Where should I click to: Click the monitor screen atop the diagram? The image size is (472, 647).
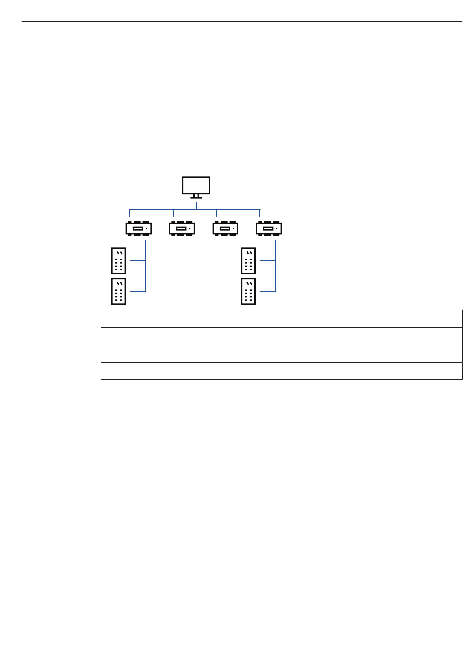[x=196, y=185]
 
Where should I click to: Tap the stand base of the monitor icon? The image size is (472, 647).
[x=196, y=197]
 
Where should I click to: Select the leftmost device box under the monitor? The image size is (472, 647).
[x=138, y=228]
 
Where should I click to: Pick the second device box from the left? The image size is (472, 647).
[x=182, y=228]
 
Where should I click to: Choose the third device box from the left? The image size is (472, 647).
[x=225, y=228]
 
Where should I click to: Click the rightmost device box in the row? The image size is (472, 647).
[x=269, y=228]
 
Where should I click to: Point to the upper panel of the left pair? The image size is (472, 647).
[x=118, y=260]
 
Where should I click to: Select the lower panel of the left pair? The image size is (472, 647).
[x=118, y=291]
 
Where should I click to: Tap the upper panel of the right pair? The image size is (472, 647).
[x=248, y=260]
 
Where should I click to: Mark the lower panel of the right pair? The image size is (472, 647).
[x=248, y=291]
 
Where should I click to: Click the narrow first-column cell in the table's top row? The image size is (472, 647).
[x=120, y=319]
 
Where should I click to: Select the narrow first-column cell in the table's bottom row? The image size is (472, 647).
[x=120, y=371]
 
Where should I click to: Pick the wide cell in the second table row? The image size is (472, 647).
[x=301, y=336]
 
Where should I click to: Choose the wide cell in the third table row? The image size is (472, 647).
[x=301, y=354]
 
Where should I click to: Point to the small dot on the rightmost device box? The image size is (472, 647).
[x=276, y=229]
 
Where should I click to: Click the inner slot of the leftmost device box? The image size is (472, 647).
[x=137, y=229]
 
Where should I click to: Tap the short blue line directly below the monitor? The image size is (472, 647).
[x=196, y=205]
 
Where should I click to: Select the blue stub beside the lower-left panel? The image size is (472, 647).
[x=138, y=292]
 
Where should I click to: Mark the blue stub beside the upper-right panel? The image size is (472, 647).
[x=268, y=260]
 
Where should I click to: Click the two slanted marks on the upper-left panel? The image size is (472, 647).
[x=119, y=253]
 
